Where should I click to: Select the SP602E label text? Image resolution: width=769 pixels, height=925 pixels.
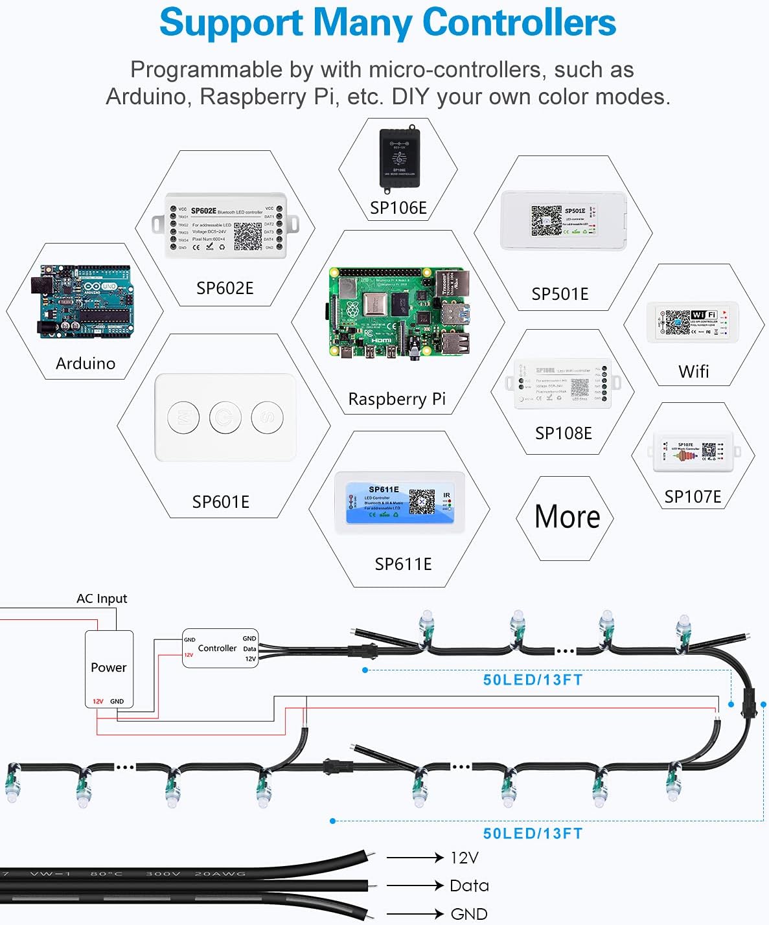click(225, 288)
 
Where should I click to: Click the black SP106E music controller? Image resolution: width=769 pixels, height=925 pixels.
click(399, 158)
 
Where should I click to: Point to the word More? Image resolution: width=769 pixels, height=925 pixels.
click(567, 517)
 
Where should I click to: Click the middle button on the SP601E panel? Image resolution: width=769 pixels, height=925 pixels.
click(225, 418)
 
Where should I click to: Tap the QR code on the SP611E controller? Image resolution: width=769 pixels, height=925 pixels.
click(422, 501)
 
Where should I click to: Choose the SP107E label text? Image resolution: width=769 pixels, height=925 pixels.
click(693, 497)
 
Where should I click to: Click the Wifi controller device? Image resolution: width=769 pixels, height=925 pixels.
click(692, 322)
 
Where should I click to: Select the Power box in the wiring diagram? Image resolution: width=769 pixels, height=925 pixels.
click(109, 668)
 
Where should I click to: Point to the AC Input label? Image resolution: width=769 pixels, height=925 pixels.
click(102, 599)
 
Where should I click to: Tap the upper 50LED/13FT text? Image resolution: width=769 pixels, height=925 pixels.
click(533, 679)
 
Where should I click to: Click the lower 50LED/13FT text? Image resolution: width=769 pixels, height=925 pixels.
click(533, 834)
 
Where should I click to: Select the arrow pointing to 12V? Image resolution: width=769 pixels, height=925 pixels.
click(415, 858)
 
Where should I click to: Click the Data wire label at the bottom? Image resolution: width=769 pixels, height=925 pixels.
click(469, 885)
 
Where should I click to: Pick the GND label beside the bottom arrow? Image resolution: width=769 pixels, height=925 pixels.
click(469, 914)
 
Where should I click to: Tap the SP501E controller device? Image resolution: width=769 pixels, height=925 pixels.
click(563, 221)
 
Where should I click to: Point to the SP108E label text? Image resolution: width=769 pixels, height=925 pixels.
click(563, 433)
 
